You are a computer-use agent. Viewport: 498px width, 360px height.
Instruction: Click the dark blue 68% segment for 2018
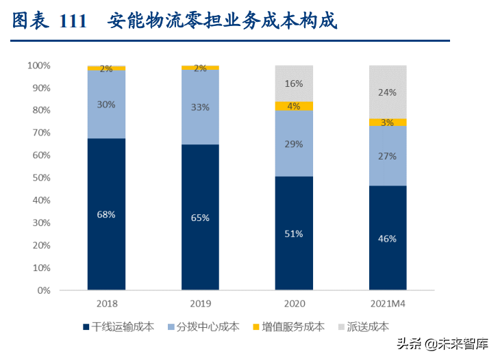point(106,214)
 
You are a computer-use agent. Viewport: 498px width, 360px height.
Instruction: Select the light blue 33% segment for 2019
point(200,107)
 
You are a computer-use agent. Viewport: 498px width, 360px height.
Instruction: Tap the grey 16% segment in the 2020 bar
point(294,83)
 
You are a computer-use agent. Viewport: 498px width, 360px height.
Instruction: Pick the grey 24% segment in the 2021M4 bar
point(388,92)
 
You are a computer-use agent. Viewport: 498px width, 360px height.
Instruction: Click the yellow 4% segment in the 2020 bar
point(294,106)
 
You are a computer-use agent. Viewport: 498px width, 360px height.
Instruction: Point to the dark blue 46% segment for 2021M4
point(388,237)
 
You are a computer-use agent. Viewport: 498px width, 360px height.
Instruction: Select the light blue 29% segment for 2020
point(294,143)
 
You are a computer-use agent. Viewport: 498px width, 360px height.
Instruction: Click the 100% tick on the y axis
point(38,66)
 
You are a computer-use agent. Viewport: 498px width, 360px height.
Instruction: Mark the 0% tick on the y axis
point(43,290)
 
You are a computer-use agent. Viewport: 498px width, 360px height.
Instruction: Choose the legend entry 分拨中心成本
point(205,327)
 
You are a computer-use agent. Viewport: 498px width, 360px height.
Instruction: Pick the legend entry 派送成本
point(363,327)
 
